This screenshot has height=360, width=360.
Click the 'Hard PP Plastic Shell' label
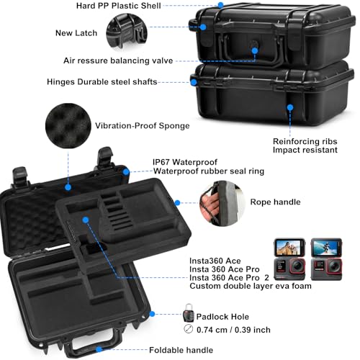click(x=119, y=6)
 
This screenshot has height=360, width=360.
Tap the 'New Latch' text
click(x=76, y=33)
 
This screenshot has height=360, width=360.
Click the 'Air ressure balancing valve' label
click(x=118, y=60)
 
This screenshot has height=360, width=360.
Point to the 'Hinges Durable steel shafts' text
click(x=102, y=82)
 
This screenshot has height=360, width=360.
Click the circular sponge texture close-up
click(x=68, y=125)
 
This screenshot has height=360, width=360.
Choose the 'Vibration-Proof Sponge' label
click(x=143, y=126)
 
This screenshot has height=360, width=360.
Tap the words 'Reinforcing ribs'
click(x=305, y=141)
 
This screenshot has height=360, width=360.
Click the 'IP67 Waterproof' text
click(x=185, y=162)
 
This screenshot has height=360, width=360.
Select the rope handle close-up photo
click(x=222, y=203)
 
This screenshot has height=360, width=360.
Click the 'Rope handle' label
click(x=275, y=202)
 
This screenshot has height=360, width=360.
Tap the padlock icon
click(x=189, y=312)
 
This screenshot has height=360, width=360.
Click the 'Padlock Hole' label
click(x=222, y=317)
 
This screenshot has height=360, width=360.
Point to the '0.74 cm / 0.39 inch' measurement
click(x=233, y=330)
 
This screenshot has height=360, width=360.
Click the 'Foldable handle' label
click(x=181, y=350)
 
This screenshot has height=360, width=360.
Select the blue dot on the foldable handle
click(x=99, y=349)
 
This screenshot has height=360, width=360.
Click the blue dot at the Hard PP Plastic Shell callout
click(x=221, y=5)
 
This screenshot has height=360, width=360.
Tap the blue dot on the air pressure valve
click(x=255, y=50)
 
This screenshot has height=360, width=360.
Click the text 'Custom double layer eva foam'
click(x=251, y=286)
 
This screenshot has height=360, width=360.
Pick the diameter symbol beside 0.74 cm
click(x=189, y=329)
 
